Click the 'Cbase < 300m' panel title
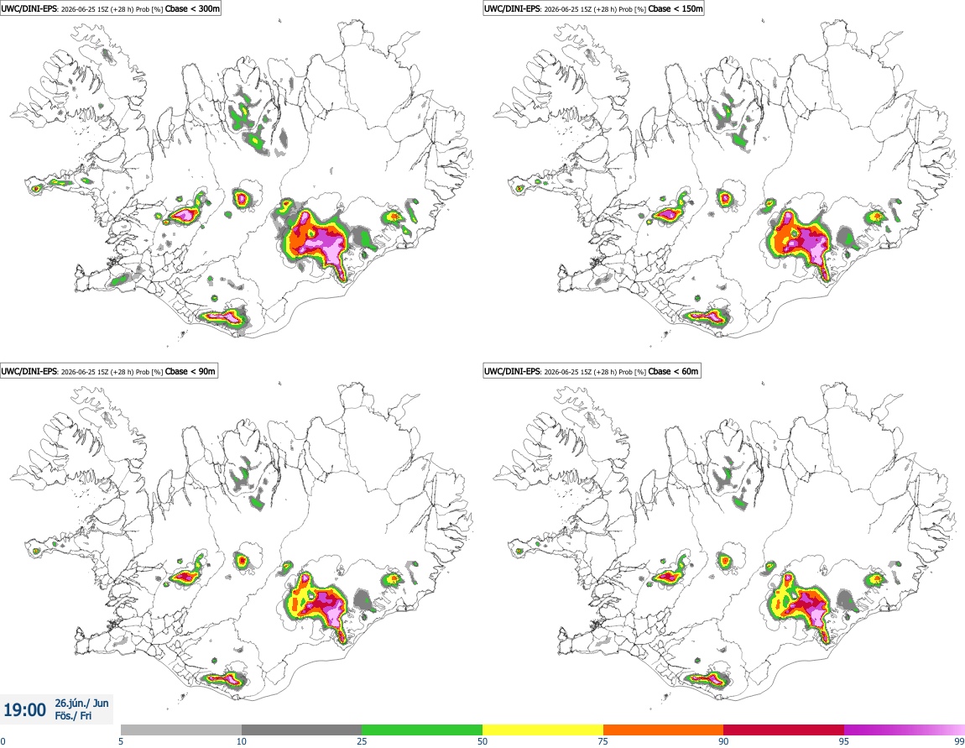click(x=192, y=8)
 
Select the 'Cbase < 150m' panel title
click(x=675, y=8)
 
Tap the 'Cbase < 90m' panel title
click(x=190, y=371)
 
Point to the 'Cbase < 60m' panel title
click(x=674, y=371)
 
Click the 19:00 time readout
click(x=24, y=710)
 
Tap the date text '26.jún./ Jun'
click(x=82, y=703)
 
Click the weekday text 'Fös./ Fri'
click(x=73, y=716)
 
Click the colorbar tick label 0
click(x=3, y=741)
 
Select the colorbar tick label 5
click(x=121, y=741)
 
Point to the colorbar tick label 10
click(x=242, y=741)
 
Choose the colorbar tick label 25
click(x=363, y=741)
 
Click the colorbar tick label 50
click(x=482, y=741)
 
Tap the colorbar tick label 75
click(x=603, y=741)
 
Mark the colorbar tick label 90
click(x=723, y=741)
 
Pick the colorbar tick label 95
click(x=844, y=741)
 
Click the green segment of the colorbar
click(x=422, y=730)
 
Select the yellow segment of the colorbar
click(x=543, y=730)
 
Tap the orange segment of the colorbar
click(x=664, y=730)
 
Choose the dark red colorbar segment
click(x=784, y=730)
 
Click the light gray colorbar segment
click(x=181, y=730)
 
